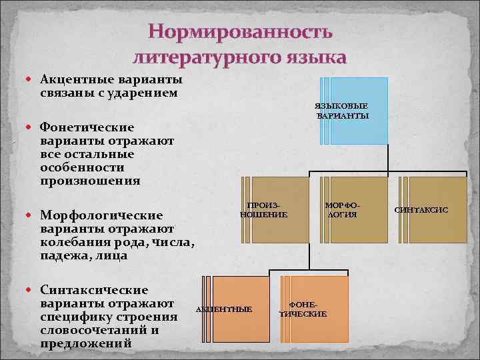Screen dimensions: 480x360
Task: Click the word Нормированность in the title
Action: coord(239,32)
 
